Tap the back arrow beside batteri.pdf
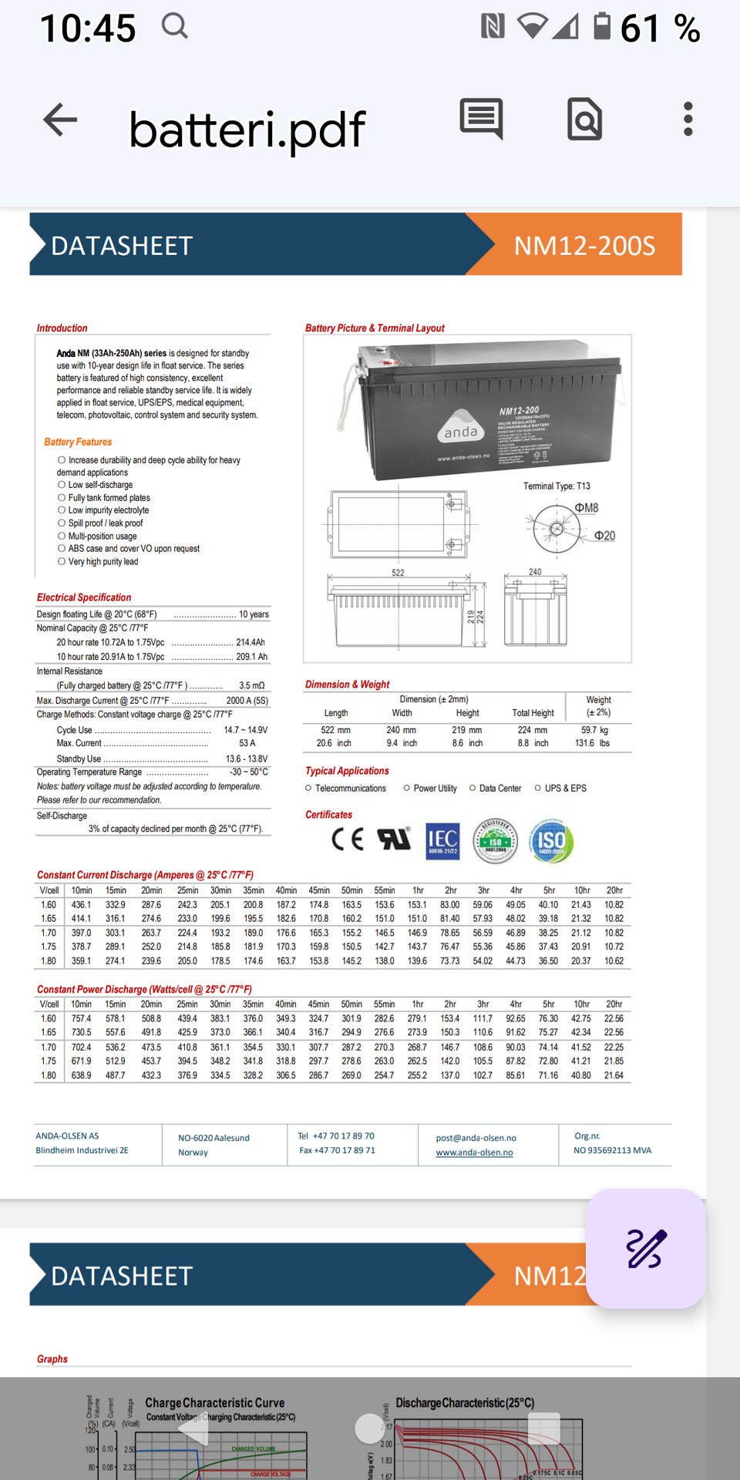(x=60, y=120)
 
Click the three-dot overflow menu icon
(x=688, y=119)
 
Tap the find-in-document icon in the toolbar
(x=584, y=119)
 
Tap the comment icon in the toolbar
(x=481, y=119)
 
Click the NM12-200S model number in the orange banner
(x=584, y=246)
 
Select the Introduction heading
(x=62, y=328)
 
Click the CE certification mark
(x=347, y=839)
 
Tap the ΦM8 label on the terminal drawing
(x=586, y=508)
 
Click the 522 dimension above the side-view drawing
(x=398, y=573)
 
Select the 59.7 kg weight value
(x=594, y=730)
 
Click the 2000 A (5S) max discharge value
(x=247, y=701)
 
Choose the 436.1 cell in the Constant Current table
(x=81, y=905)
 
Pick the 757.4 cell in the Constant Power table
(x=81, y=1019)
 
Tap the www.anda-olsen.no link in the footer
(x=474, y=1152)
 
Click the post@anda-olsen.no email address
(x=476, y=1138)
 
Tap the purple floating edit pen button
(x=645, y=1248)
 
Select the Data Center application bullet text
(x=499, y=789)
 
